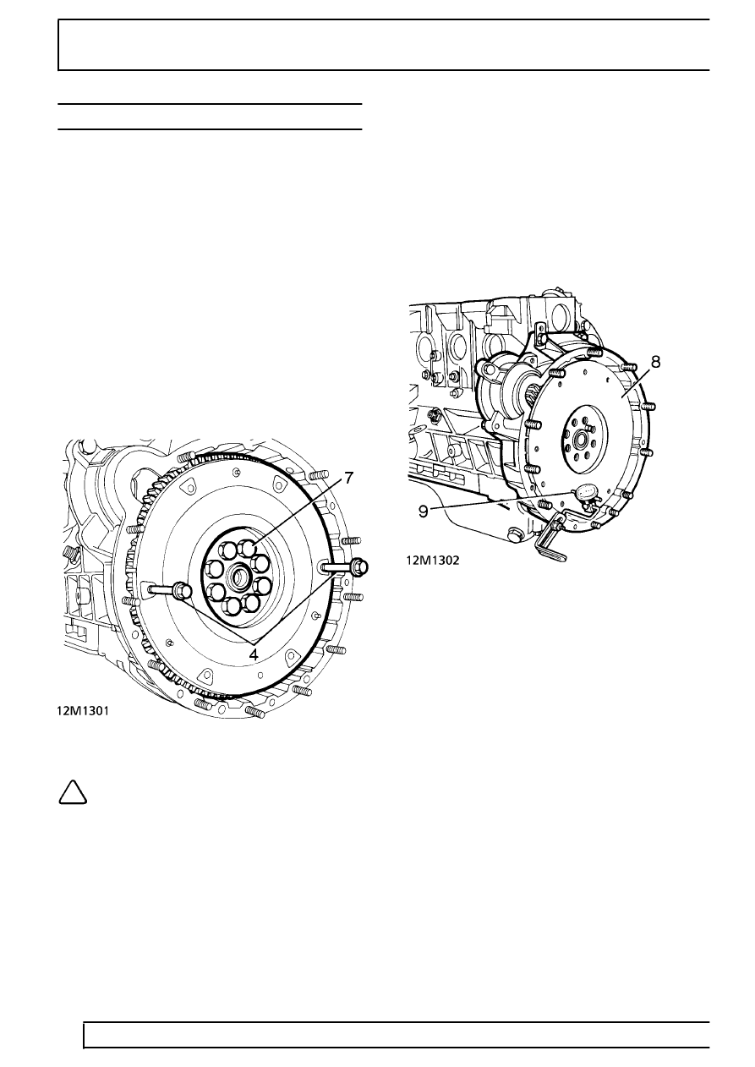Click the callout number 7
(349, 478)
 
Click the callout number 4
(254, 654)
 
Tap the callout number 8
(655, 362)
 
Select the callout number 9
(424, 512)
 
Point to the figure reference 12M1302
(433, 561)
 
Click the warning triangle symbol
(73, 792)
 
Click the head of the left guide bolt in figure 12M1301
(183, 591)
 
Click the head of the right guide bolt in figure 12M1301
(359, 566)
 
